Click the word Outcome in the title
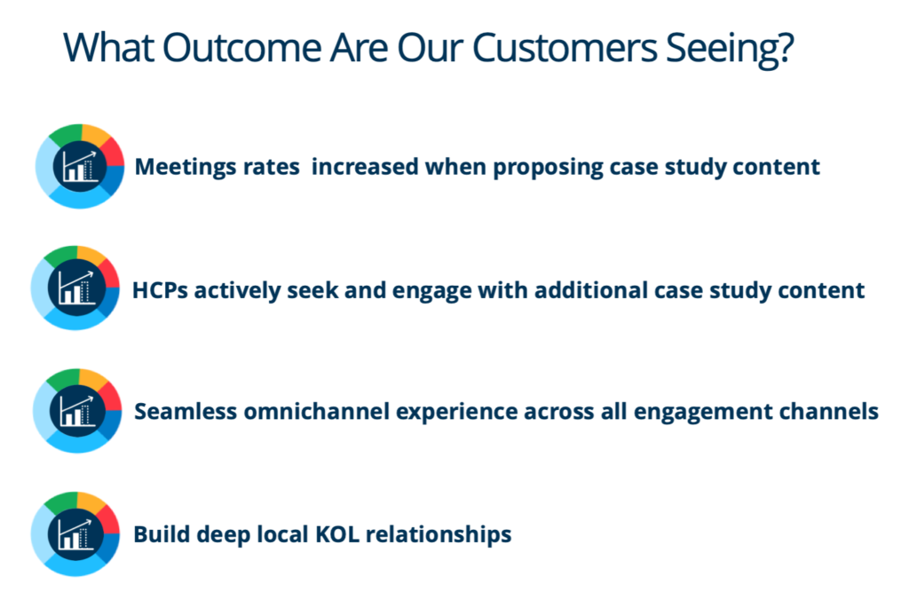click(x=241, y=48)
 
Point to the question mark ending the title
click(x=785, y=48)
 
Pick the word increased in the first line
click(x=365, y=167)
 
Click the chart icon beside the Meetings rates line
click(x=80, y=166)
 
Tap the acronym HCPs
click(x=161, y=290)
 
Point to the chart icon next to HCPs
click(x=75, y=288)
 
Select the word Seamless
click(x=186, y=412)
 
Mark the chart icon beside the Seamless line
click(x=77, y=410)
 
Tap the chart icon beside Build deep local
click(x=75, y=534)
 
